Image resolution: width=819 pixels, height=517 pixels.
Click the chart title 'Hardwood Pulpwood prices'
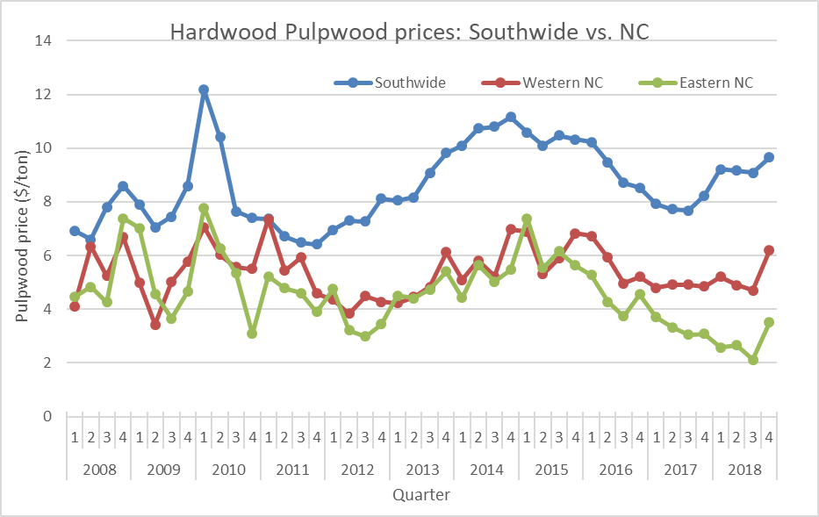(x=408, y=32)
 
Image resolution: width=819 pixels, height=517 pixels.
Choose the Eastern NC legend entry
(x=716, y=83)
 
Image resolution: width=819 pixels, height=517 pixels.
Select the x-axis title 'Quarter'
(x=421, y=495)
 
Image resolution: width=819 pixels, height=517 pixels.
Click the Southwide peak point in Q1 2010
(x=204, y=90)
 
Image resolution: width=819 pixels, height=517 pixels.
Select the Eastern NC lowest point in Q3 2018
(x=752, y=360)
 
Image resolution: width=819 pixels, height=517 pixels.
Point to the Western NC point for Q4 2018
(x=769, y=250)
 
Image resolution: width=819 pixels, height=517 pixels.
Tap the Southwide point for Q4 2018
(x=769, y=157)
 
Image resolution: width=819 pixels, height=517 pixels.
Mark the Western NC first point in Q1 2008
(x=75, y=306)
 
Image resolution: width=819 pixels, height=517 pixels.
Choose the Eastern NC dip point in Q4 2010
(x=252, y=334)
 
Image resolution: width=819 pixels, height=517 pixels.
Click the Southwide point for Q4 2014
(x=511, y=117)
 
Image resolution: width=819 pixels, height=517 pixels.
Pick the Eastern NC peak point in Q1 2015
(x=527, y=219)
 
